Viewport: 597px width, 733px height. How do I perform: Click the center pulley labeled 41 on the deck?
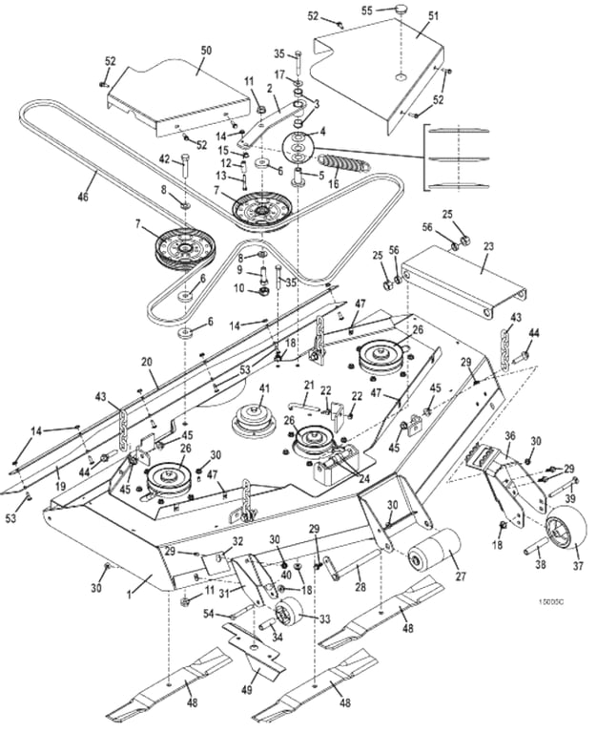point(256,418)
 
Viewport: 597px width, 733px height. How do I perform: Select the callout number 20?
point(148,362)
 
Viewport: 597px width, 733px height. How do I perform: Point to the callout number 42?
point(164,159)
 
